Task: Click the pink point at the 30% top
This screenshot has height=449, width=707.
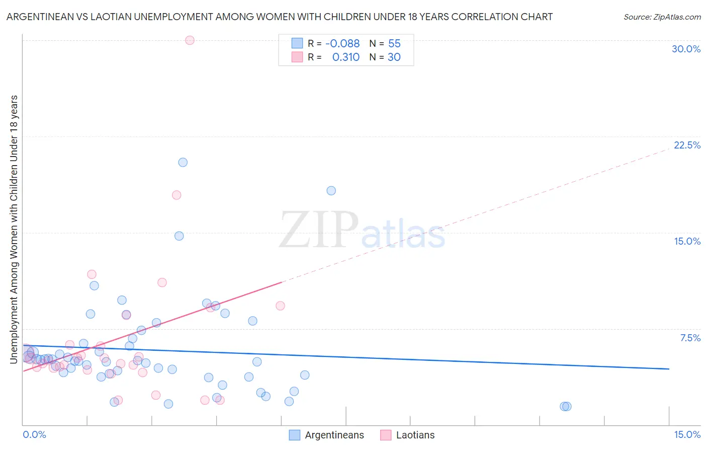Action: (x=190, y=40)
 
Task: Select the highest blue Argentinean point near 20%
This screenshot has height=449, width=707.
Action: (x=183, y=162)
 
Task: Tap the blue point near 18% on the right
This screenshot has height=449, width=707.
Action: (x=331, y=190)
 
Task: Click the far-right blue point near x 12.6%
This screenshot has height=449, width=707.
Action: (x=566, y=406)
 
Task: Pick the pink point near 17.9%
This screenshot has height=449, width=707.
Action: (x=176, y=195)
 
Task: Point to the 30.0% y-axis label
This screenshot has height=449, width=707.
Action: (x=686, y=49)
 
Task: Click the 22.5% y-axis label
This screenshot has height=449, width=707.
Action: (x=687, y=145)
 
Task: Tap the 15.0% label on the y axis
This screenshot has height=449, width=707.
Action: (x=687, y=241)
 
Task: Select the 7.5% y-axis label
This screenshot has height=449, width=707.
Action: (x=690, y=338)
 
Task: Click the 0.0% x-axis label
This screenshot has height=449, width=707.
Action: (x=34, y=434)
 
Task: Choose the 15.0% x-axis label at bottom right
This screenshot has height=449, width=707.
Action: (x=687, y=434)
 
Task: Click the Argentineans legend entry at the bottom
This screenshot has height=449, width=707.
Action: (x=334, y=435)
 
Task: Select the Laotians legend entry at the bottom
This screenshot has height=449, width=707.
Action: (x=415, y=435)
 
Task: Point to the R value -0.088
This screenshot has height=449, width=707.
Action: (x=342, y=44)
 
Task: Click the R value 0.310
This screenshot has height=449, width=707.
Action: (x=345, y=57)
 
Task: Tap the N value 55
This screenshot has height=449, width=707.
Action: (x=394, y=44)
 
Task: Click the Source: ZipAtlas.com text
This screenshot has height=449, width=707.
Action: (x=662, y=17)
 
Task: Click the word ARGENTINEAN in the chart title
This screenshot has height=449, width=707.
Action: (x=41, y=17)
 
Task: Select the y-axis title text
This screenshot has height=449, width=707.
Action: (x=14, y=229)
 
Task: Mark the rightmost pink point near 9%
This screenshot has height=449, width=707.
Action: (x=280, y=306)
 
